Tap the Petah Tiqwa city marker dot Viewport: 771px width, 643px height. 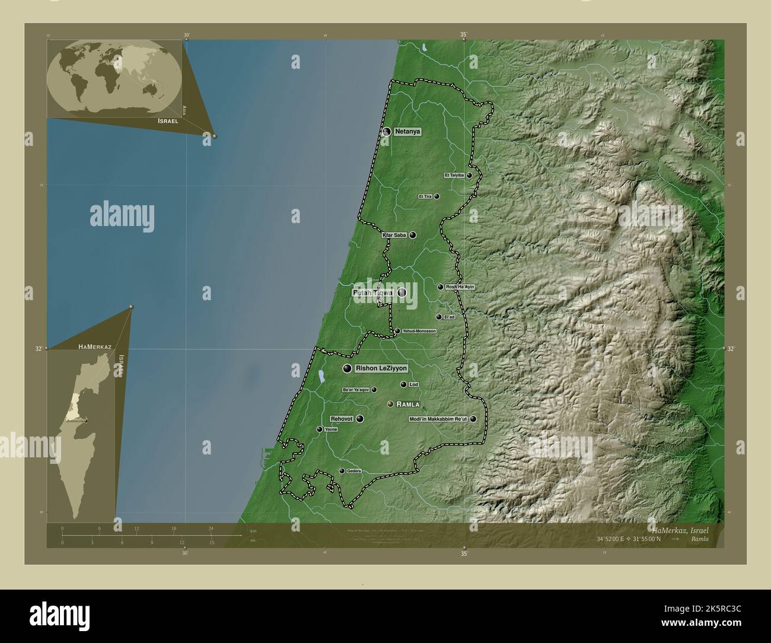pos(402,292)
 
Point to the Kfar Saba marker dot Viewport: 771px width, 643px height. pos(413,235)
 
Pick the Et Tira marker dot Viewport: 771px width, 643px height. pos(437,196)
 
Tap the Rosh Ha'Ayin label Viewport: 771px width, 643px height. pos(460,287)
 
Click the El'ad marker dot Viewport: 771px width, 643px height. pos(439,317)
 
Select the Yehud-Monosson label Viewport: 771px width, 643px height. pos(419,331)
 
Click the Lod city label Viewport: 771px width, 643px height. pos(414,385)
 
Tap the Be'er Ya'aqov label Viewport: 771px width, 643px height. pos(356,390)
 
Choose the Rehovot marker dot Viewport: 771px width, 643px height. pos(360,419)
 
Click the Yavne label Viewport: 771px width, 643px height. pos(330,429)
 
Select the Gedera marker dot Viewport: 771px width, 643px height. pos(342,471)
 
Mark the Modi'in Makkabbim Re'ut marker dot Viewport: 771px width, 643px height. pos(473,419)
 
